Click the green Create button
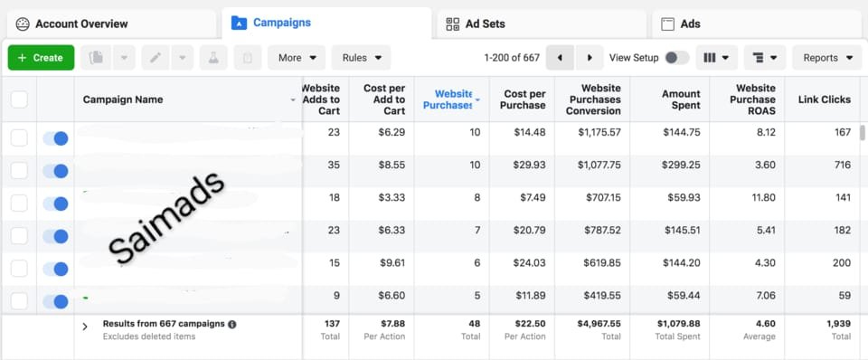pos(41,58)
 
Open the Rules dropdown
pos(362,58)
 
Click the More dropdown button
pos(297,58)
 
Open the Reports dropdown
pos(827,58)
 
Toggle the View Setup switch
pos(676,58)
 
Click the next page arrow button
pos(590,58)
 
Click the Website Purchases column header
pos(450,99)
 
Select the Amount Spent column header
pos(681,99)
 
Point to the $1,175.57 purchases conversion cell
pos(599,132)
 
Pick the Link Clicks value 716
pos(843,165)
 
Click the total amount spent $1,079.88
pos(679,324)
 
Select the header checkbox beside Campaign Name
pos(19,99)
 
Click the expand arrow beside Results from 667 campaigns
pos(85,327)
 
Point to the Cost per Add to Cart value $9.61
pos(392,262)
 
